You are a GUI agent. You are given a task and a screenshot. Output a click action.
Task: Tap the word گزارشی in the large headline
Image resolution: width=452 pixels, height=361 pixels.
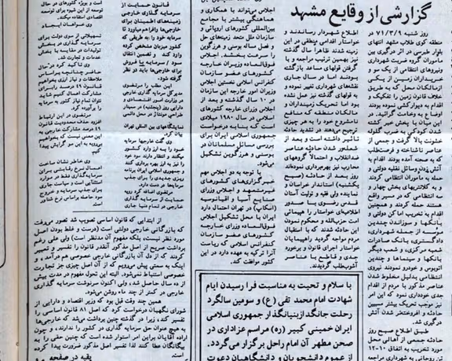tap(415, 13)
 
